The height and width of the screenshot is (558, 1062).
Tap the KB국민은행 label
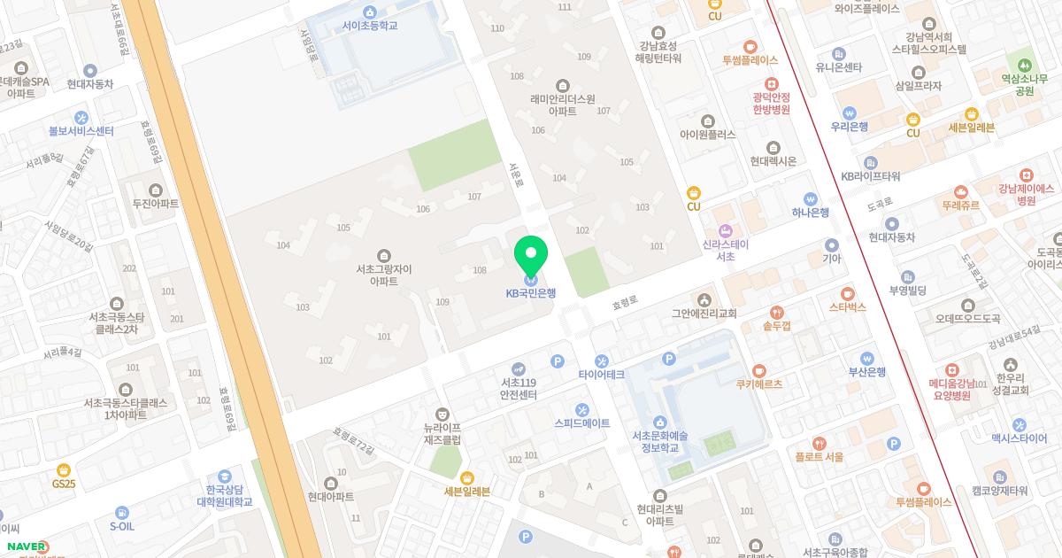tap(531, 293)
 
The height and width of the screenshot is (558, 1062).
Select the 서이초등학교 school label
tap(370, 26)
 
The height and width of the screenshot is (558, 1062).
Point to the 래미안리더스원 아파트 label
tap(562, 105)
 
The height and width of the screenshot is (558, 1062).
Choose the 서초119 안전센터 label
tap(519, 388)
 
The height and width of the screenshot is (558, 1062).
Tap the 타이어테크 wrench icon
tap(602, 360)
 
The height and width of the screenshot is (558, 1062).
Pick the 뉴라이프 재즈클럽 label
tap(442, 433)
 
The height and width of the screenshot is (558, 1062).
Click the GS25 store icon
tap(63, 469)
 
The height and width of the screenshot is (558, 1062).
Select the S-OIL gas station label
tap(122, 525)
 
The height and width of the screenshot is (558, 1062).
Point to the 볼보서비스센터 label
tap(81, 131)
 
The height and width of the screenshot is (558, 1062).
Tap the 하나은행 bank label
tap(810, 213)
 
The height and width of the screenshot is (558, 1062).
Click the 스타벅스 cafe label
tap(847, 306)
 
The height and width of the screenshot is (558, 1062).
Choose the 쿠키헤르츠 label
tap(758, 384)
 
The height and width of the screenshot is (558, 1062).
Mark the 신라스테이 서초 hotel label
tap(726, 250)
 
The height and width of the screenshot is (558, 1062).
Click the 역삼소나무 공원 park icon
tap(1025, 66)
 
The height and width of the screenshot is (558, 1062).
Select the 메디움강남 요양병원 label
tap(950, 390)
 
